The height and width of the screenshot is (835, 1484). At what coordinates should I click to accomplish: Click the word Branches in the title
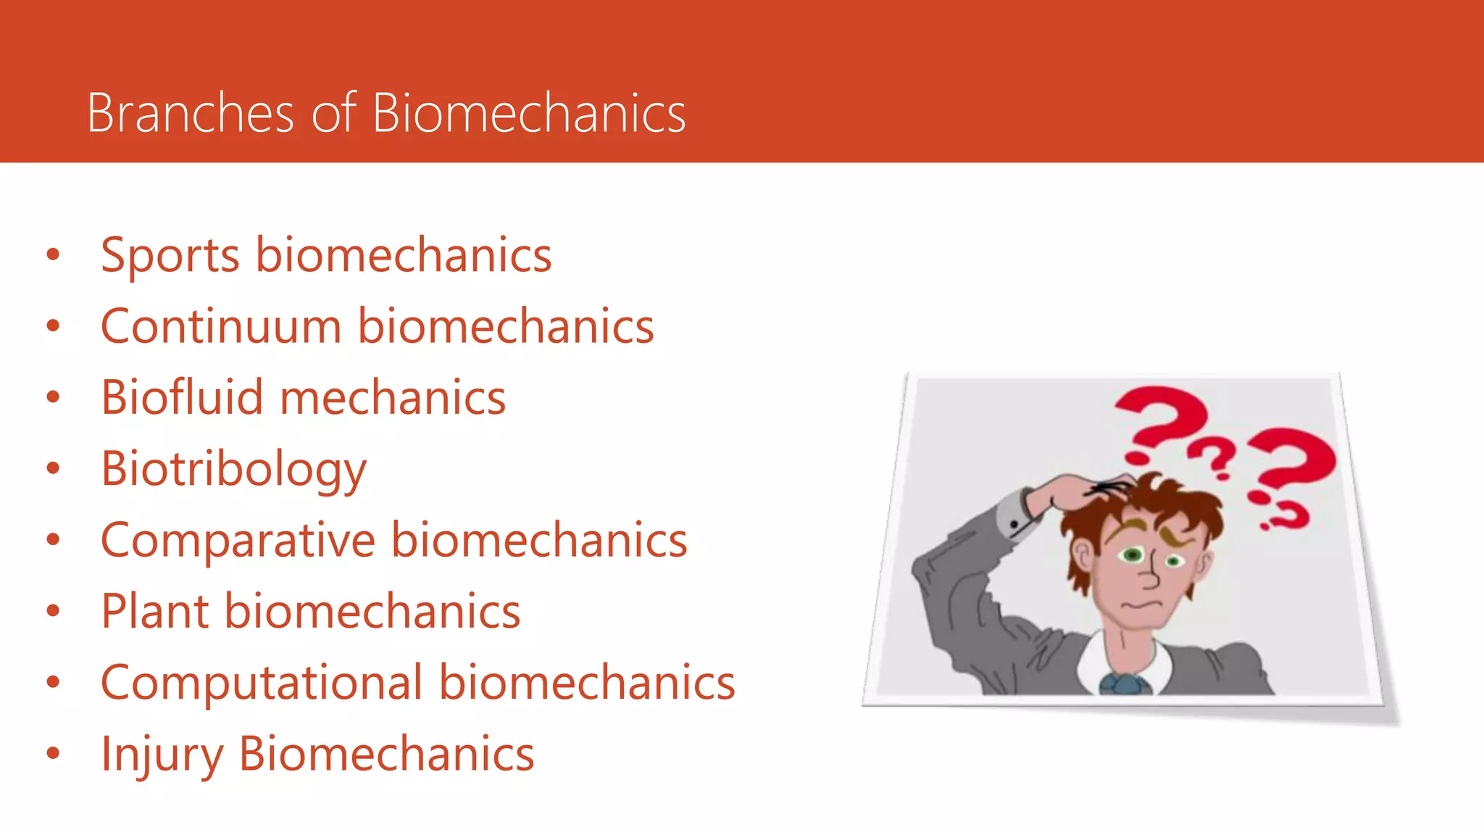coord(190,113)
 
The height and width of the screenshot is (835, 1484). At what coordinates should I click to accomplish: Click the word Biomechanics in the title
coord(528,113)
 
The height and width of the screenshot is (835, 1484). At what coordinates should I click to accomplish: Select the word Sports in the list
coord(170,255)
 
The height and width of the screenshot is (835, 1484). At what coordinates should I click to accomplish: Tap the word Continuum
coord(221,326)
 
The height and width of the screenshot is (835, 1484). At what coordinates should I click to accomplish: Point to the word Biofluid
coord(181,398)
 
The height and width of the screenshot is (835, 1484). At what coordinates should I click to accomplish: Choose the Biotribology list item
coord(233,470)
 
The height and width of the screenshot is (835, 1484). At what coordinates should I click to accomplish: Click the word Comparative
coord(238,541)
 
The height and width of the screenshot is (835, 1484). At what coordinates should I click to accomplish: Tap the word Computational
coord(262,683)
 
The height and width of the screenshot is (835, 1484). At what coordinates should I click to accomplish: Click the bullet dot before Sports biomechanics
coord(53,254)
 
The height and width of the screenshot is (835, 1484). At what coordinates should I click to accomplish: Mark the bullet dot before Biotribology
coord(53,468)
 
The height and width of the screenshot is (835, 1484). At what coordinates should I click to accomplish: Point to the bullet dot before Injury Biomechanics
coord(53,753)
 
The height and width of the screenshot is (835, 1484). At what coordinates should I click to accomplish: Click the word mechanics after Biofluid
coord(392,398)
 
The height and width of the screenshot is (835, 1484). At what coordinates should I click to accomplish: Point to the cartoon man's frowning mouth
coord(1140,605)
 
